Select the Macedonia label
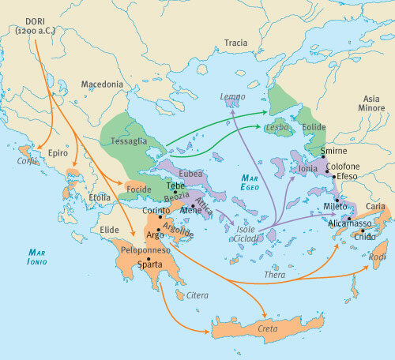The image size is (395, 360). pos(103,84)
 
